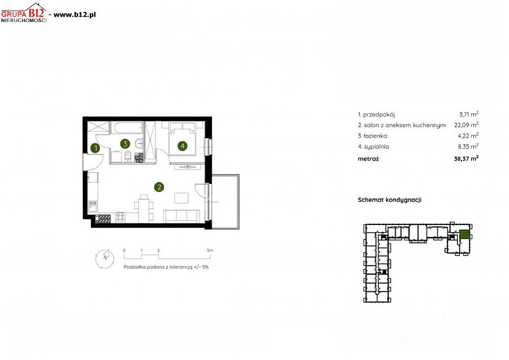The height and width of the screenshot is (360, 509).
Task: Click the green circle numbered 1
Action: (x=95, y=148)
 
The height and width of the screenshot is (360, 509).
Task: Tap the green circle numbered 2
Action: (x=159, y=187)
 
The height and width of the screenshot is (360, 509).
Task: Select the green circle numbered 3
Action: (x=125, y=144)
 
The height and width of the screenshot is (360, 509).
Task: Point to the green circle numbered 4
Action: (x=183, y=146)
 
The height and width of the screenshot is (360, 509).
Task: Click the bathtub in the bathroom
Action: (x=127, y=128)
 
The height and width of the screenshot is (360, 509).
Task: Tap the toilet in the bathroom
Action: (x=128, y=157)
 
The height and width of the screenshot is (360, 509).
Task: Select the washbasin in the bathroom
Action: (x=140, y=143)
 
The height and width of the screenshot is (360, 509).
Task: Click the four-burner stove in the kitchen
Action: (x=120, y=217)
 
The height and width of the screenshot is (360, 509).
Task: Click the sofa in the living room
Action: (x=182, y=216)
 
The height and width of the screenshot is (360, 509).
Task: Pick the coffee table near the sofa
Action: (x=182, y=198)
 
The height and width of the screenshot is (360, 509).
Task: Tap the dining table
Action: (x=144, y=210)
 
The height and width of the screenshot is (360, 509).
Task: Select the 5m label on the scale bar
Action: (x=210, y=250)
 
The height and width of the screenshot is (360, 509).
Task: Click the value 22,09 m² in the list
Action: (x=466, y=124)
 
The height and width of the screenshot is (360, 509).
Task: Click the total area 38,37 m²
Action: (x=466, y=159)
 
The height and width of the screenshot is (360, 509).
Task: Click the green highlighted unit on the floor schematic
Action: (x=464, y=234)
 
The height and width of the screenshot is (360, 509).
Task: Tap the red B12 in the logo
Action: (x=36, y=13)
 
